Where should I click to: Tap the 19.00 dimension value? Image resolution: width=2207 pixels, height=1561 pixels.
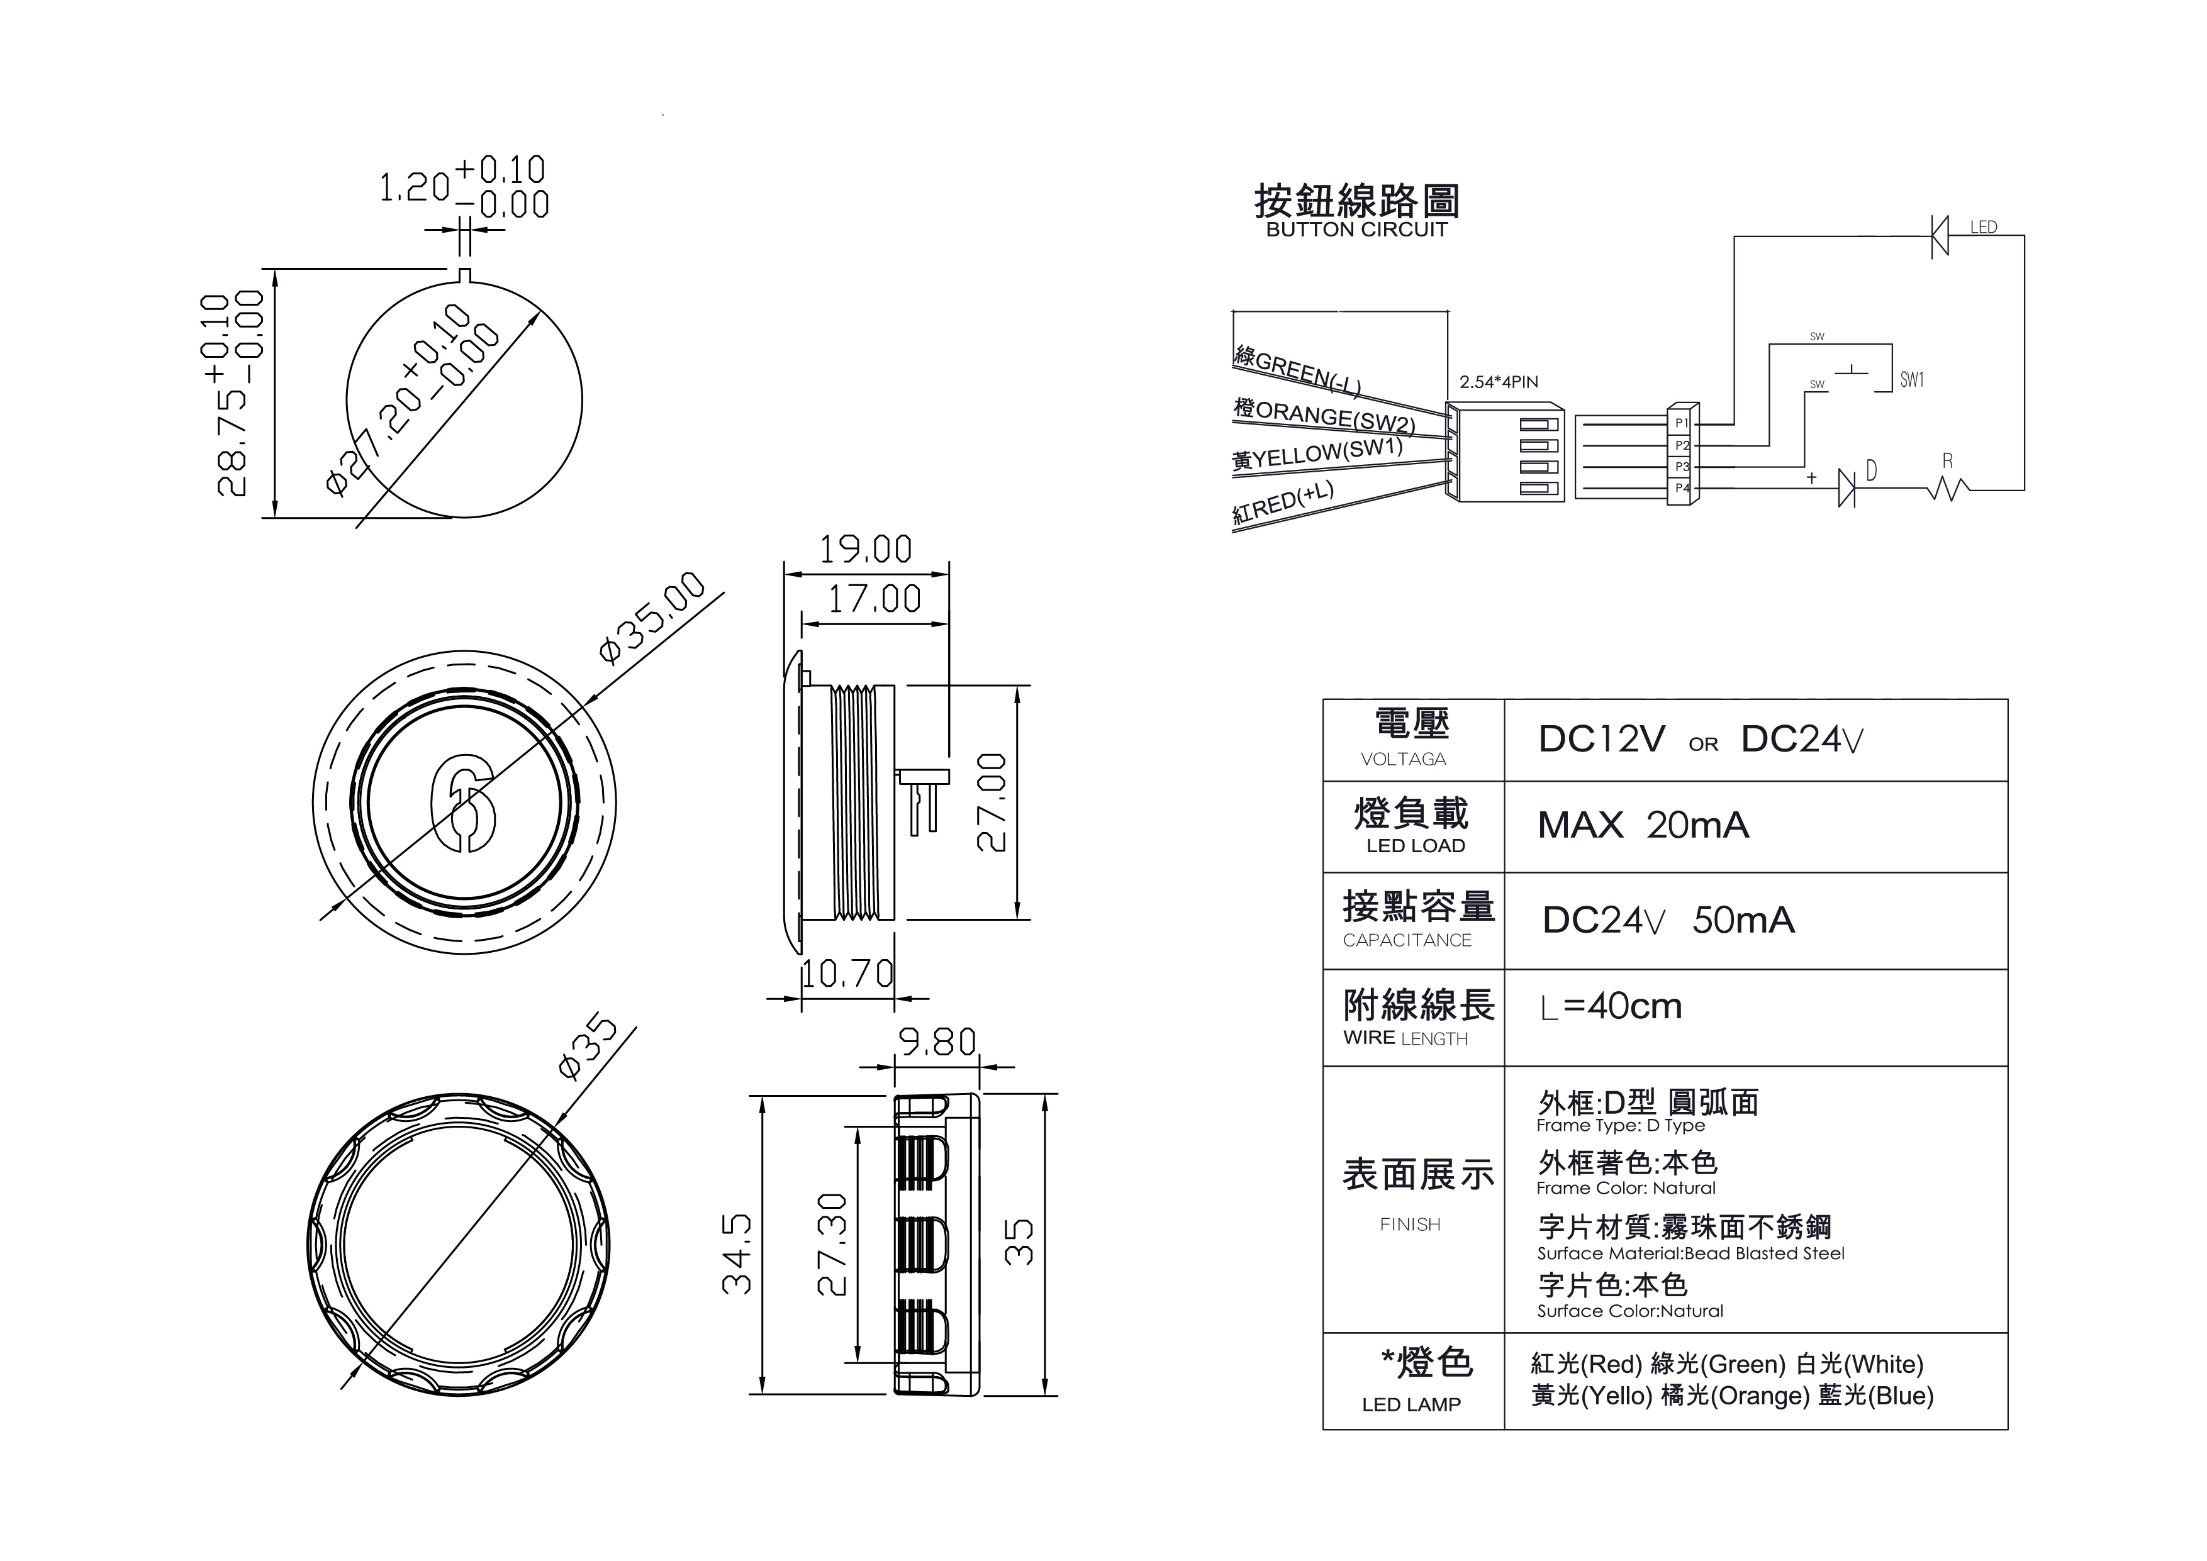[865, 550]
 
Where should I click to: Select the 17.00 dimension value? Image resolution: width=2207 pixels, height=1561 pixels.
[874, 600]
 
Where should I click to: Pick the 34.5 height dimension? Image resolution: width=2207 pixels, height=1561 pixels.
[737, 1253]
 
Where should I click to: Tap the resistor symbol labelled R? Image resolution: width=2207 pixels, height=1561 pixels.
[1947, 490]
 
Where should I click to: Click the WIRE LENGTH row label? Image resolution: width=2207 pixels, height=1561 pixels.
[1405, 1039]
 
